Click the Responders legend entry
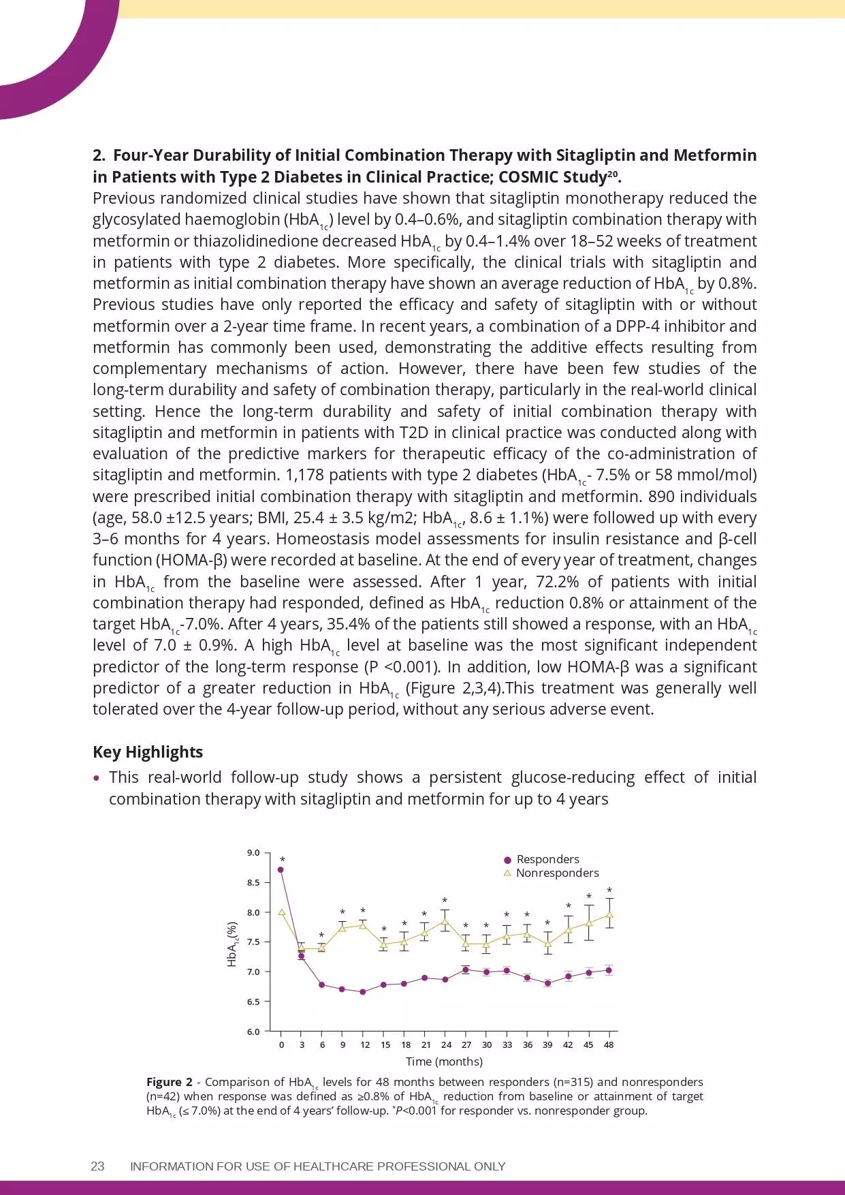point(547,859)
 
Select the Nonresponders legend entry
point(556,873)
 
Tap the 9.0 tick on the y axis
point(253,853)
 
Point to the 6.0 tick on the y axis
point(253,1031)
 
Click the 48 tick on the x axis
point(609,1044)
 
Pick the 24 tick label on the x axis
point(446,1044)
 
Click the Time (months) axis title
point(444,1061)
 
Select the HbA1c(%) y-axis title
point(233,944)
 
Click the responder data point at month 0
point(281,869)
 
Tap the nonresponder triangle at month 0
point(282,912)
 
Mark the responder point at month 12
point(363,992)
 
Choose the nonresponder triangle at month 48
point(609,914)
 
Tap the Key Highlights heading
point(148,752)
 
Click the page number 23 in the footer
point(97,1166)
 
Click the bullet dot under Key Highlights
point(97,778)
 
